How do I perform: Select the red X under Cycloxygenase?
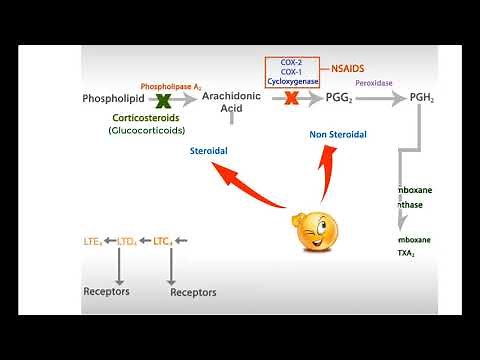point(291,98)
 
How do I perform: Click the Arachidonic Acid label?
point(231,102)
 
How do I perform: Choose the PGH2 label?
point(421,98)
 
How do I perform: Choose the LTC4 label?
point(161,241)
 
